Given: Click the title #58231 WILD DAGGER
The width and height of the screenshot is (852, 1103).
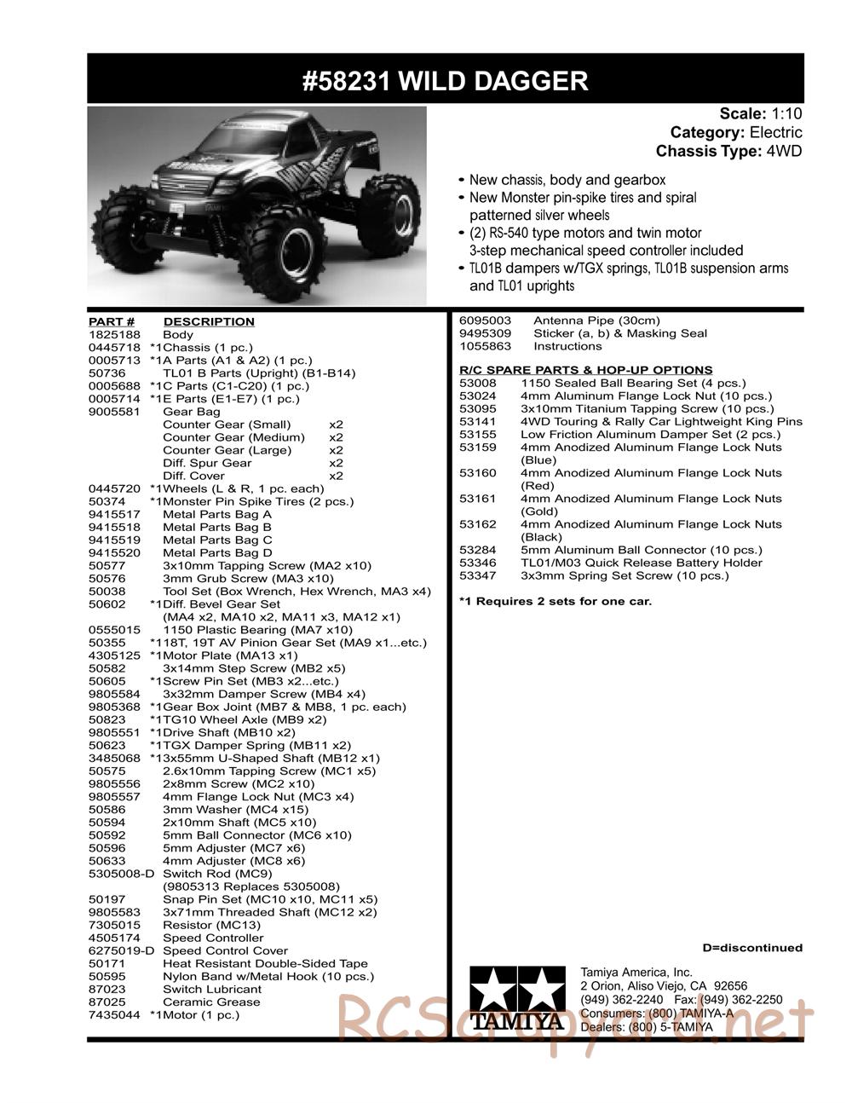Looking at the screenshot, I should pos(445,81).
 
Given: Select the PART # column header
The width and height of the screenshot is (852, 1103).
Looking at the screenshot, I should pos(112,321).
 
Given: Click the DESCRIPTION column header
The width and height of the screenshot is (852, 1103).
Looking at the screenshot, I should pos(209,321).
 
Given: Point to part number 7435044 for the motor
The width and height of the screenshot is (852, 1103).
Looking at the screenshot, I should pos(113,1015).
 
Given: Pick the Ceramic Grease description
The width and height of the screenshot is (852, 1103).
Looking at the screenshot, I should pos(211,1002).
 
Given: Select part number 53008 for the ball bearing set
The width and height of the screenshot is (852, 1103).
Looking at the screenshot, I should pos(477,384).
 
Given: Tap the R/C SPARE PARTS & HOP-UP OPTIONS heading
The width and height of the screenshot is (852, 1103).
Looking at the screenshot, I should pos(585,370).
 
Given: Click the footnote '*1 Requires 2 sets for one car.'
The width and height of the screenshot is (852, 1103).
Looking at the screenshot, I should pos(555,602).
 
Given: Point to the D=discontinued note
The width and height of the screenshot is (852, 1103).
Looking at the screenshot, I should pos(751,948).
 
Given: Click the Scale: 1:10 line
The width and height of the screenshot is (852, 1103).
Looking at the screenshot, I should pos(760,113).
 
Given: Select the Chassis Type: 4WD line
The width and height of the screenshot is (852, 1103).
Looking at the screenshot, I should pos(728,151).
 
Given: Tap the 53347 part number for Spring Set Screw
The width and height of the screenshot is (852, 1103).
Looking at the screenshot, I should pos(477,576).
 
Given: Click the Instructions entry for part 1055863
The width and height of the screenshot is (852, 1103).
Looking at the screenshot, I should pos(567,346).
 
